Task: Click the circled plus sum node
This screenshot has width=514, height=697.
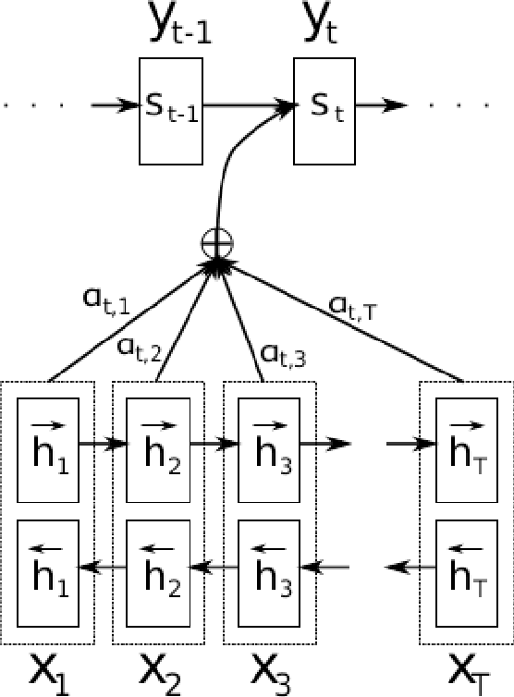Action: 218,243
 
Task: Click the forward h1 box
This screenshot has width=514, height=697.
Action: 48,443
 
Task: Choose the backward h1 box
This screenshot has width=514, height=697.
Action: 48,566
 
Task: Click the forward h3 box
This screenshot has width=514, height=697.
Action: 268,443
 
